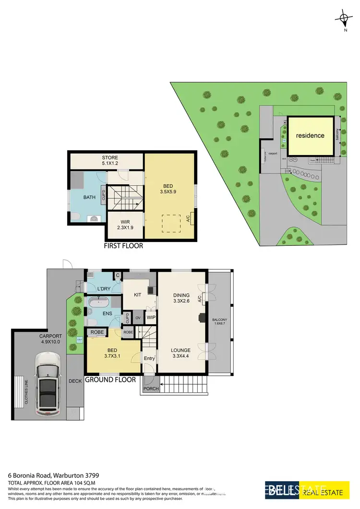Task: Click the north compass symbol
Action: coord(344,19)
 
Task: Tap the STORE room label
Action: coord(109,160)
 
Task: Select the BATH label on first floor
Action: coord(89,197)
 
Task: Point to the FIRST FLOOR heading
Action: coord(123,246)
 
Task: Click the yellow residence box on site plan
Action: coord(310,135)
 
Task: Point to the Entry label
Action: coord(149,358)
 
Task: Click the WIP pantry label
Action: coord(150,317)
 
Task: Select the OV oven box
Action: coord(138,317)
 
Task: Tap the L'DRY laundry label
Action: coord(104,289)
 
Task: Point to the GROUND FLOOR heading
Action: coord(110,380)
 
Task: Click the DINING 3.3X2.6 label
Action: coord(182,298)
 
